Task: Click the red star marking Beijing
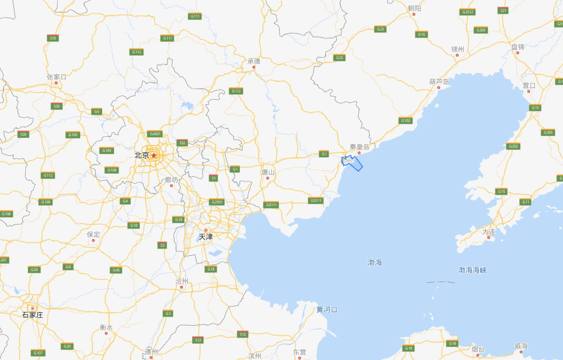click(x=154, y=155)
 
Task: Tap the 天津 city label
click(x=206, y=236)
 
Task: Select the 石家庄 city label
click(x=33, y=315)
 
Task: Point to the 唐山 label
click(x=268, y=172)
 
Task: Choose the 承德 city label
click(x=254, y=61)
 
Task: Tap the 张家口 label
click(x=56, y=77)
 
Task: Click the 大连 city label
click(x=489, y=231)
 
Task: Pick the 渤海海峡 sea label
click(x=473, y=270)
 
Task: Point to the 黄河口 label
click(x=327, y=310)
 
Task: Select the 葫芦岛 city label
click(x=439, y=81)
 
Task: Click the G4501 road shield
click(x=155, y=134)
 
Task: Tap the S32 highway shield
click(x=182, y=143)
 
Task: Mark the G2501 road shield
click(x=217, y=202)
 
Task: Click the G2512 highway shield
click(x=468, y=12)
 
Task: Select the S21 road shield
click(x=503, y=10)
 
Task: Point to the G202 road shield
click(x=513, y=146)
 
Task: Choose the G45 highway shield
click(x=116, y=270)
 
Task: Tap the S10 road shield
click(x=53, y=38)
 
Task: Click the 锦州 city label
click(x=458, y=49)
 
